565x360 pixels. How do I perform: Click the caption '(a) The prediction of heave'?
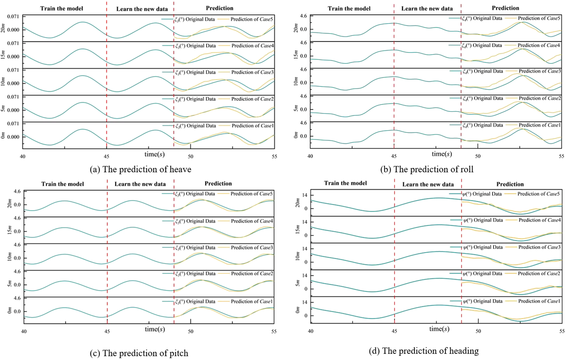140,169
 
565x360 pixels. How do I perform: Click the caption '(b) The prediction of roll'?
427,169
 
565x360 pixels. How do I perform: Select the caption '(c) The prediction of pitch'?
139,353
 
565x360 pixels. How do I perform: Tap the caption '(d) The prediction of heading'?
424,351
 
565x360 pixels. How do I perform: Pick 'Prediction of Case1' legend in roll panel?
539,125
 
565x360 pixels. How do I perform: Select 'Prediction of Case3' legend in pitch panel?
252,248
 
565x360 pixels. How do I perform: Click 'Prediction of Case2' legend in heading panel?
539,274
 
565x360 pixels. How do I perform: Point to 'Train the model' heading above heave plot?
61,9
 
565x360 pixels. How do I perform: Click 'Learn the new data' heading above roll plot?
427,9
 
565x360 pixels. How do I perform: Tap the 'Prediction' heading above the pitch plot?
218,184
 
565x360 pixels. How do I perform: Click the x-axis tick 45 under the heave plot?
107,156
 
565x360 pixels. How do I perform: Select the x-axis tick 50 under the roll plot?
478,156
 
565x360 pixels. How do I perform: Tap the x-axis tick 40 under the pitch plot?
24,331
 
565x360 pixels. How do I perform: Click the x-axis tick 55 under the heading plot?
562,331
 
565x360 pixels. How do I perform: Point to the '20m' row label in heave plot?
3,29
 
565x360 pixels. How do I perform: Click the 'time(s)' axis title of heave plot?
154,154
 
